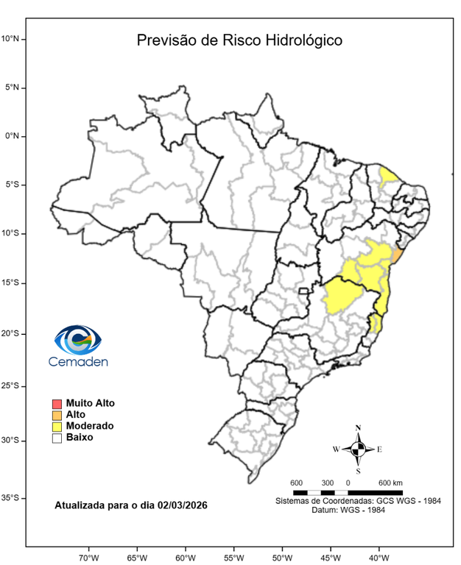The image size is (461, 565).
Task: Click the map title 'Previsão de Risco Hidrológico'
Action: pyautogui.click(x=239, y=40)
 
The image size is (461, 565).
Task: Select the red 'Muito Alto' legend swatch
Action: pyautogui.click(x=57, y=403)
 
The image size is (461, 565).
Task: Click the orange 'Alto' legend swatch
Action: pyautogui.click(x=57, y=415)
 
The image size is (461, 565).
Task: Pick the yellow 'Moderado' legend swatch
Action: pyautogui.click(x=57, y=426)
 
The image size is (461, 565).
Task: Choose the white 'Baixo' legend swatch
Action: pyautogui.click(x=57, y=438)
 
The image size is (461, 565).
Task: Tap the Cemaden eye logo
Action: pyautogui.click(x=78, y=340)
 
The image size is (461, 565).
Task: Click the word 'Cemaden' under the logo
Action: pyautogui.click(x=78, y=361)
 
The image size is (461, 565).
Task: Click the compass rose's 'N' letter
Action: pyautogui.click(x=358, y=427)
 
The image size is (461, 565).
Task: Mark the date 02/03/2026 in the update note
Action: pyautogui.click(x=182, y=506)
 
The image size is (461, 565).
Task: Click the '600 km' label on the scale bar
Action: pyautogui.click(x=390, y=483)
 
